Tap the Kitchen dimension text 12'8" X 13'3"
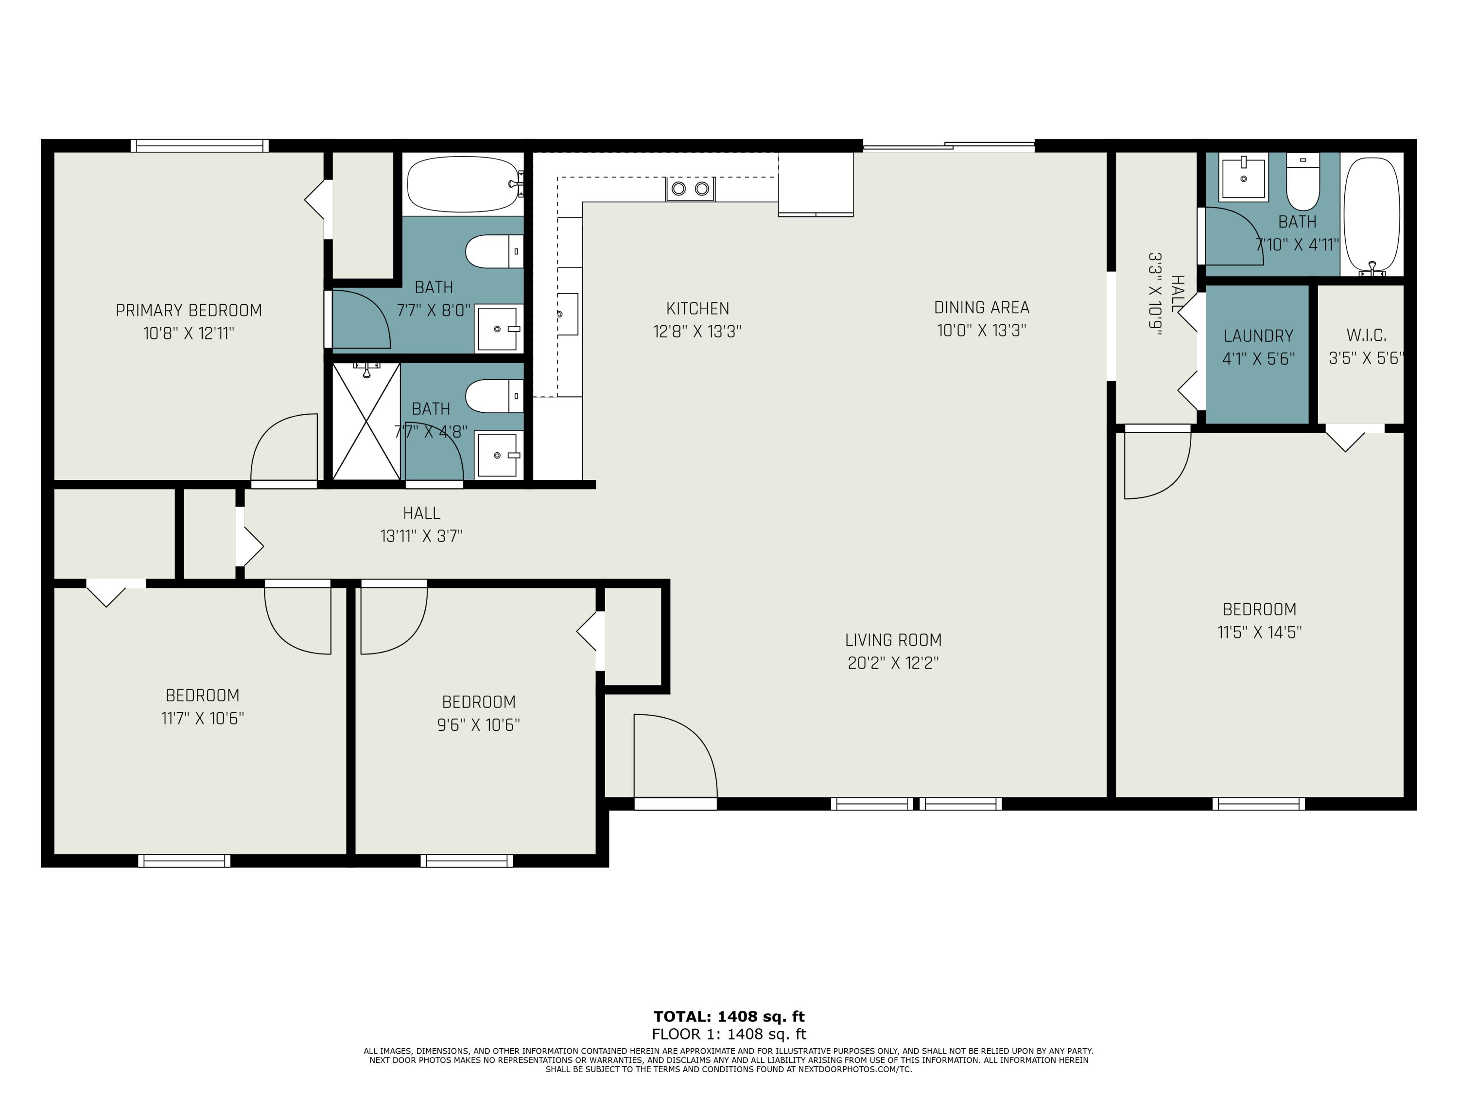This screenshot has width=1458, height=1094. coord(697,331)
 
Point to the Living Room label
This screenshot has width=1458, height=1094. coord(893,640)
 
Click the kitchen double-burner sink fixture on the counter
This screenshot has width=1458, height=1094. coord(690,189)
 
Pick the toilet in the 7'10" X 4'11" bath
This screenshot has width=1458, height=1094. coord(1302,181)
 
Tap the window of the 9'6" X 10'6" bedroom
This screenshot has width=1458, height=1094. coord(467,861)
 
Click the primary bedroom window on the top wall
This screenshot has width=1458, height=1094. coord(199,146)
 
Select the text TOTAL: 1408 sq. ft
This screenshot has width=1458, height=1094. coord(729,1016)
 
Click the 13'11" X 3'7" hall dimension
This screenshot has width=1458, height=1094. coord(421,536)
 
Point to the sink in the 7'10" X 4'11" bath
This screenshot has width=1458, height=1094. coord(1243,177)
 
